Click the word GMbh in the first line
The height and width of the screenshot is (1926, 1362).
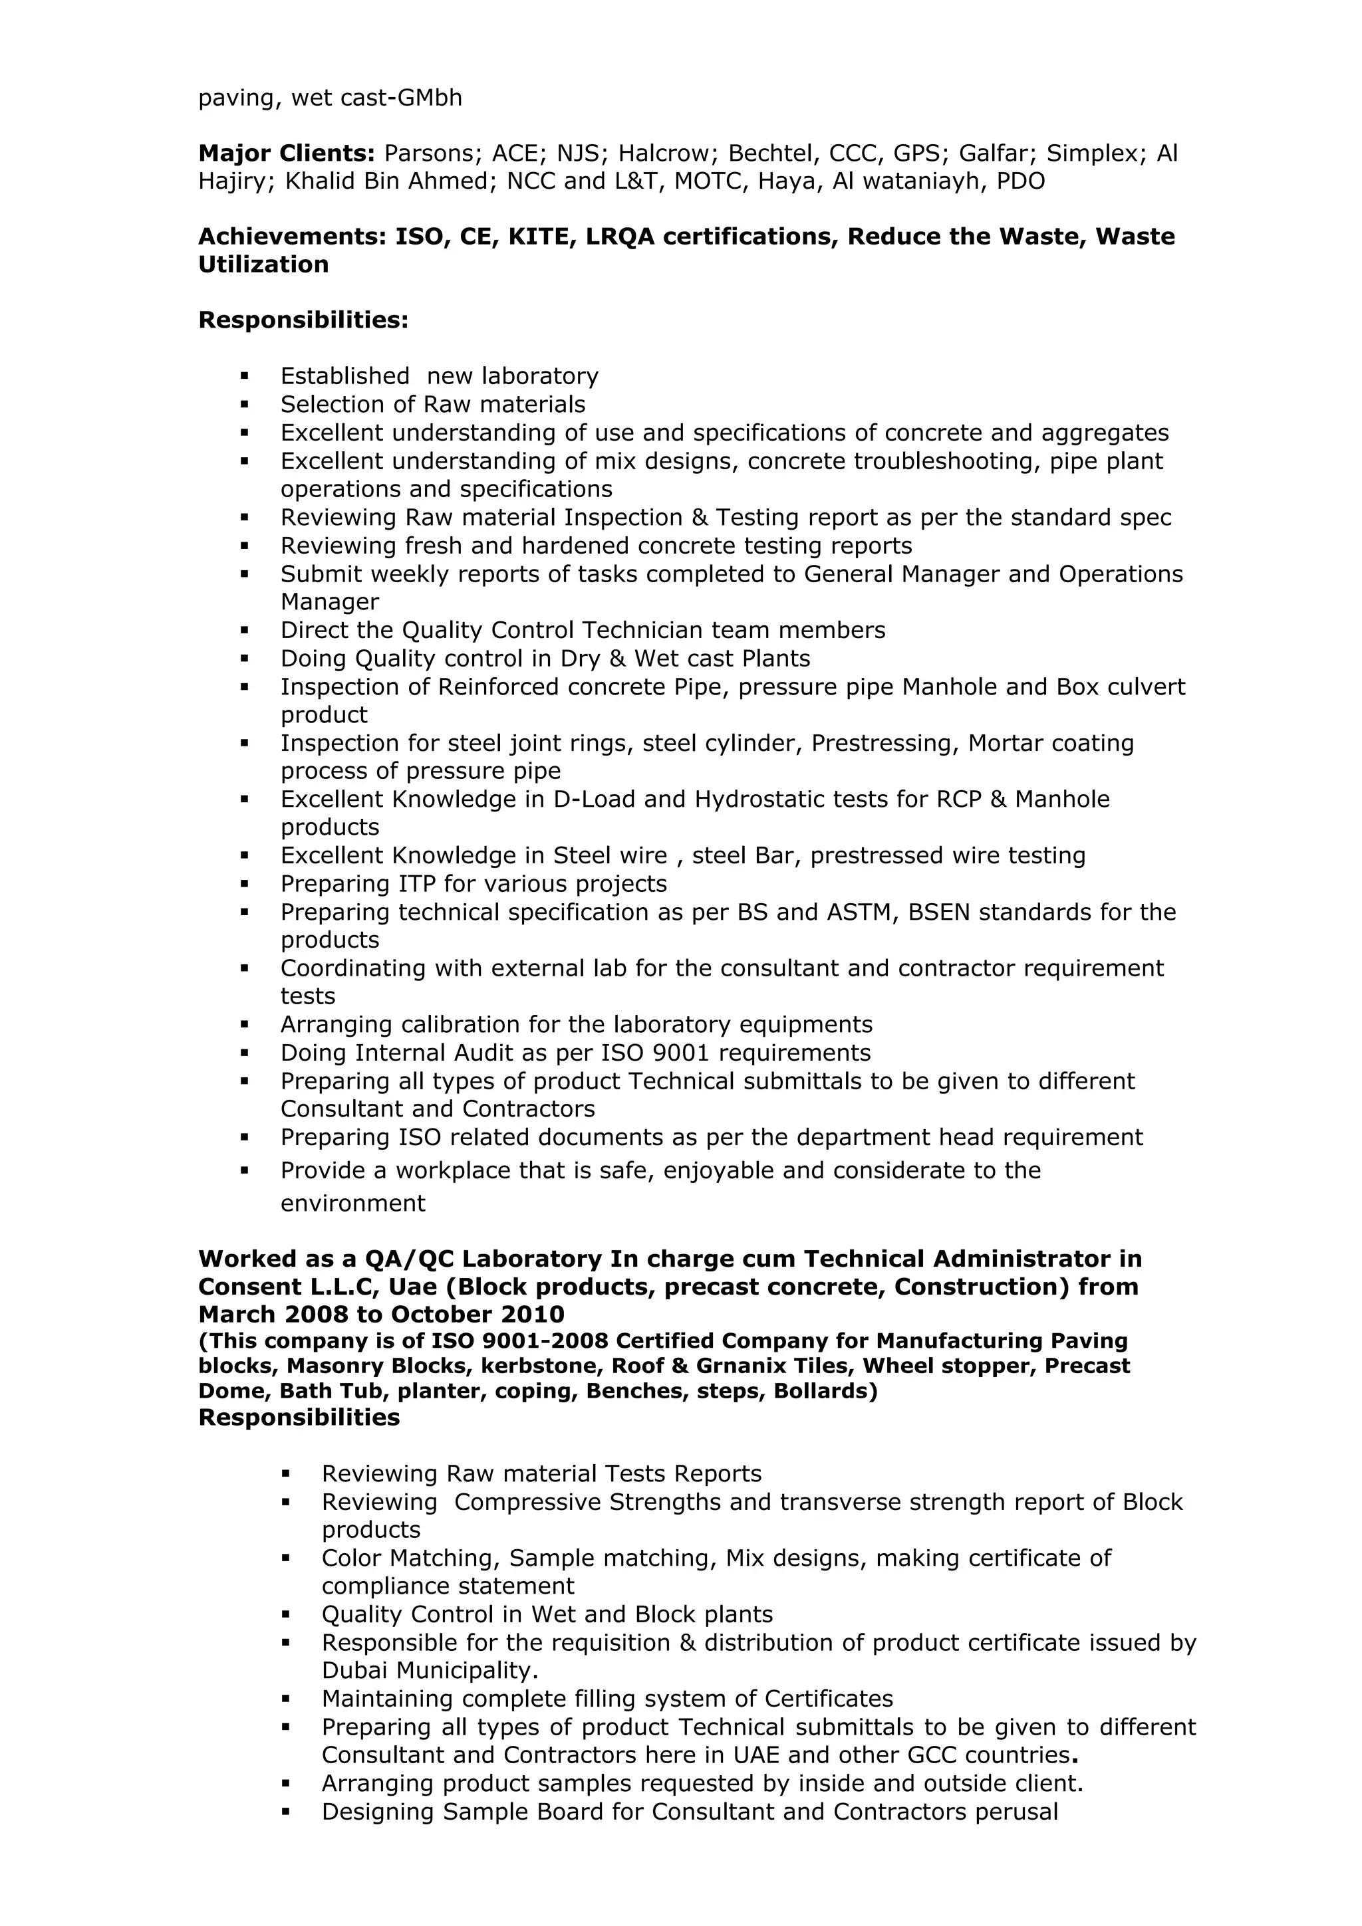tap(429, 98)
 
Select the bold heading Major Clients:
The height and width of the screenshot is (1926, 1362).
tap(286, 154)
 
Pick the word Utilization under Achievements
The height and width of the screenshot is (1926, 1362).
tap(263, 265)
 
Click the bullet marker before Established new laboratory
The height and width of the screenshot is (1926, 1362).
tap(244, 375)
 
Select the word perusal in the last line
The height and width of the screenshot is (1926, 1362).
tap(1016, 1812)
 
